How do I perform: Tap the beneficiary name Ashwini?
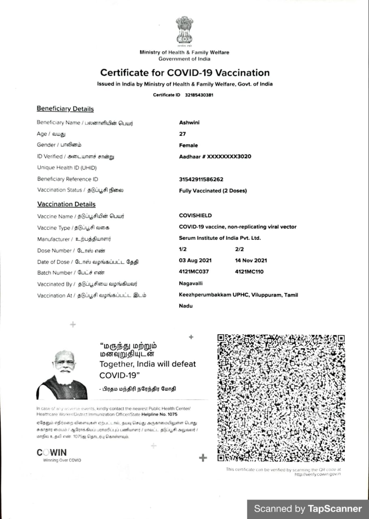click(x=189, y=122)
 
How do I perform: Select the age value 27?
click(x=182, y=134)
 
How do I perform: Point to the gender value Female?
click(x=189, y=145)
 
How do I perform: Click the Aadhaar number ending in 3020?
click(x=215, y=157)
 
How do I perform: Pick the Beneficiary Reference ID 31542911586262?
click(x=201, y=179)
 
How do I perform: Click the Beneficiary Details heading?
click(x=65, y=109)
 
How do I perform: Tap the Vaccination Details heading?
click(x=67, y=204)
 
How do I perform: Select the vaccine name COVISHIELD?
click(x=195, y=216)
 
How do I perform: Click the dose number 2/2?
click(x=239, y=249)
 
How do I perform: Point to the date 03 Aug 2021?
click(x=195, y=261)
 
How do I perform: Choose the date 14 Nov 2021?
click(x=251, y=261)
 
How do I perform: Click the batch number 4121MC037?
click(x=194, y=272)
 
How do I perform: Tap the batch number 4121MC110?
click(x=249, y=272)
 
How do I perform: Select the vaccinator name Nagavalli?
click(x=191, y=283)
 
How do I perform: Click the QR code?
click(x=281, y=398)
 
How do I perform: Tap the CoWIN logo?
click(x=52, y=453)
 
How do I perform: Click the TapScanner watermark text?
click(x=308, y=509)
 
